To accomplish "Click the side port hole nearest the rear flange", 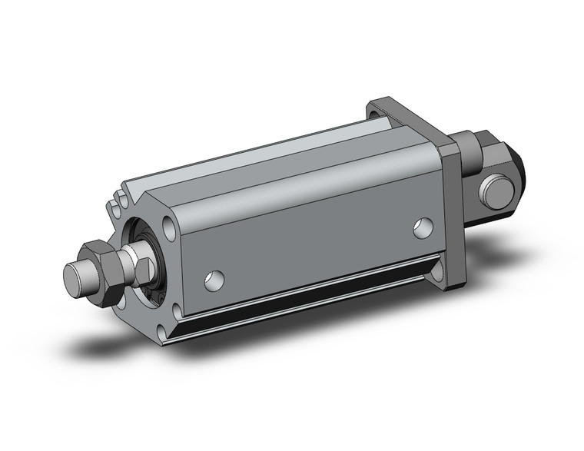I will (x=422, y=226).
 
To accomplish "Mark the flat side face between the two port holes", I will (x=315, y=246).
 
